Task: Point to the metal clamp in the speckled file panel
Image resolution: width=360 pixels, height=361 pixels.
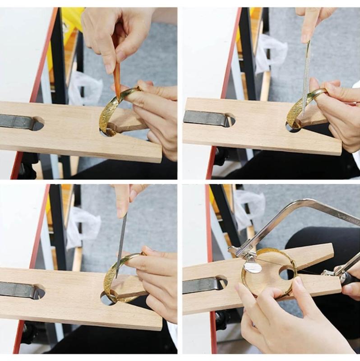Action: click(205, 119)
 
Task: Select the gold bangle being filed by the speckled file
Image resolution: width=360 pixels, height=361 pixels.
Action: click(298, 108)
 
